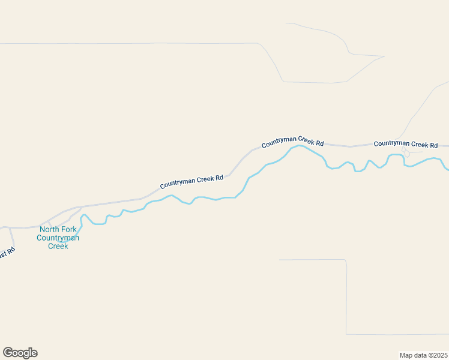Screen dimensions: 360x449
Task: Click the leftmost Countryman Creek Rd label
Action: (x=191, y=182)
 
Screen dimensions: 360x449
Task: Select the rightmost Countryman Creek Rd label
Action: (x=406, y=145)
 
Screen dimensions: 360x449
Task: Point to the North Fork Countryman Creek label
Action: (x=58, y=238)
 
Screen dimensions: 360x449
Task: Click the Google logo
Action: (x=20, y=353)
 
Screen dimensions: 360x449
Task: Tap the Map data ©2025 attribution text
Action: (x=423, y=355)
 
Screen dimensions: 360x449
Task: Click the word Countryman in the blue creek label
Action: (x=58, y=238)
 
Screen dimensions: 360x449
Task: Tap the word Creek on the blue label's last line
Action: (x=58, y=246)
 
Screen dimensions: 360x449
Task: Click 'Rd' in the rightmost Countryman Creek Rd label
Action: (x=434, y=145)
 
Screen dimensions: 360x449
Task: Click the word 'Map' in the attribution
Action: (x=406, y=355)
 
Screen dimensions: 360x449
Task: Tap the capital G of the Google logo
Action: (x=8, y=352)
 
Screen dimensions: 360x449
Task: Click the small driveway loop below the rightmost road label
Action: (x=407, y=154)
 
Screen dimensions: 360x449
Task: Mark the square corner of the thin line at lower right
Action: (x=346, y=260)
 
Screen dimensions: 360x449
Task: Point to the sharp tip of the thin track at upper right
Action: (x=384, y=57)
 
